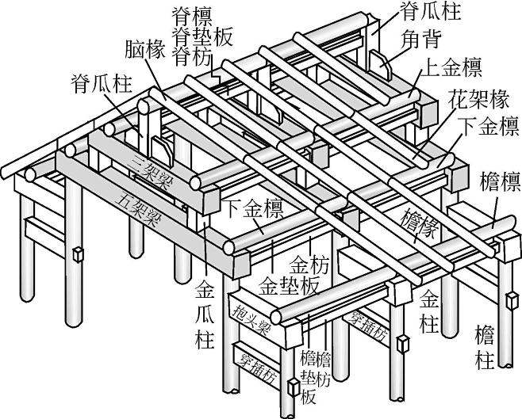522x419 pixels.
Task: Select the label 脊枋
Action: pyautogui.click(x=194, y=56)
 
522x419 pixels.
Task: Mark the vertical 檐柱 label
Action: pyautogui.click(x=485, y=346)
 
